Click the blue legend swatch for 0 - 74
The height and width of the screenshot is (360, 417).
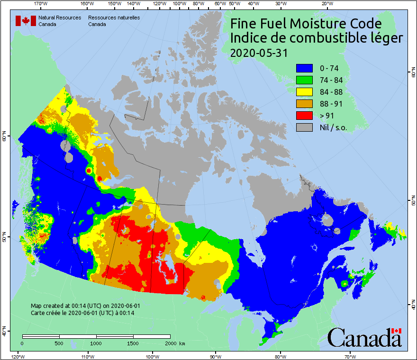[x=305, y=68]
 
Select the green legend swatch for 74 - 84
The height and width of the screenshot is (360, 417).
[x=305, y=80]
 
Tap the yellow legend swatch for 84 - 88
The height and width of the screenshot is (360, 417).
[x=305, y=92]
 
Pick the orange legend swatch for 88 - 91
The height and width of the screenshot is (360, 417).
[x=305, y=104]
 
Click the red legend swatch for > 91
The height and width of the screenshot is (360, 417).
[x=305, y=116]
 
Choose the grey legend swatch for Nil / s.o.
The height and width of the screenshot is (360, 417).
[x=305, y=127]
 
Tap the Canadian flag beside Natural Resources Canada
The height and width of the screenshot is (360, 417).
[x=26, y=21]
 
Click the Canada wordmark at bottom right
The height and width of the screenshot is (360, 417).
[x=364, y=338]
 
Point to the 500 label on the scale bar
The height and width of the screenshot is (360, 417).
[x=59, y=343]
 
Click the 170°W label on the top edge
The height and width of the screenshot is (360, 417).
[x=41, y=4]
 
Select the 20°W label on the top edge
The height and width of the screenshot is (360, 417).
[x=326, y=4]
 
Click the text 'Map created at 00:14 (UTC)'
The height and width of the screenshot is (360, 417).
[x=66, y=306]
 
